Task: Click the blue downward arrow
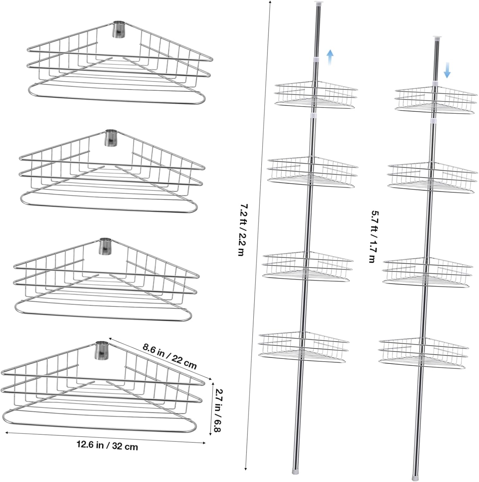pos(447,71)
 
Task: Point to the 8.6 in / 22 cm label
pos(170,356)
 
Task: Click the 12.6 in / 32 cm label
pos(107,446)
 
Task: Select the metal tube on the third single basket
pos(105,246)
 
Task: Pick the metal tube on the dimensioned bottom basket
pos(101,350)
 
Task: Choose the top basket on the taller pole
pos(316,95)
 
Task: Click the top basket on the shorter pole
pos(436,101)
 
